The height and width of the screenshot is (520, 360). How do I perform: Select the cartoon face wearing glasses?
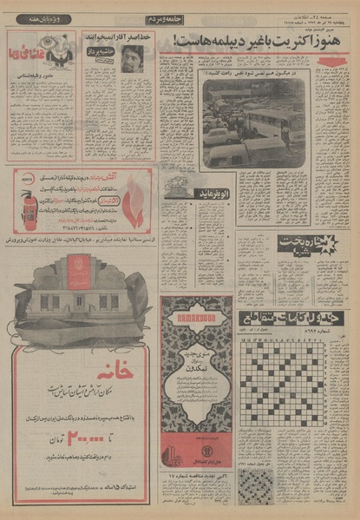tap(59, 53)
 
